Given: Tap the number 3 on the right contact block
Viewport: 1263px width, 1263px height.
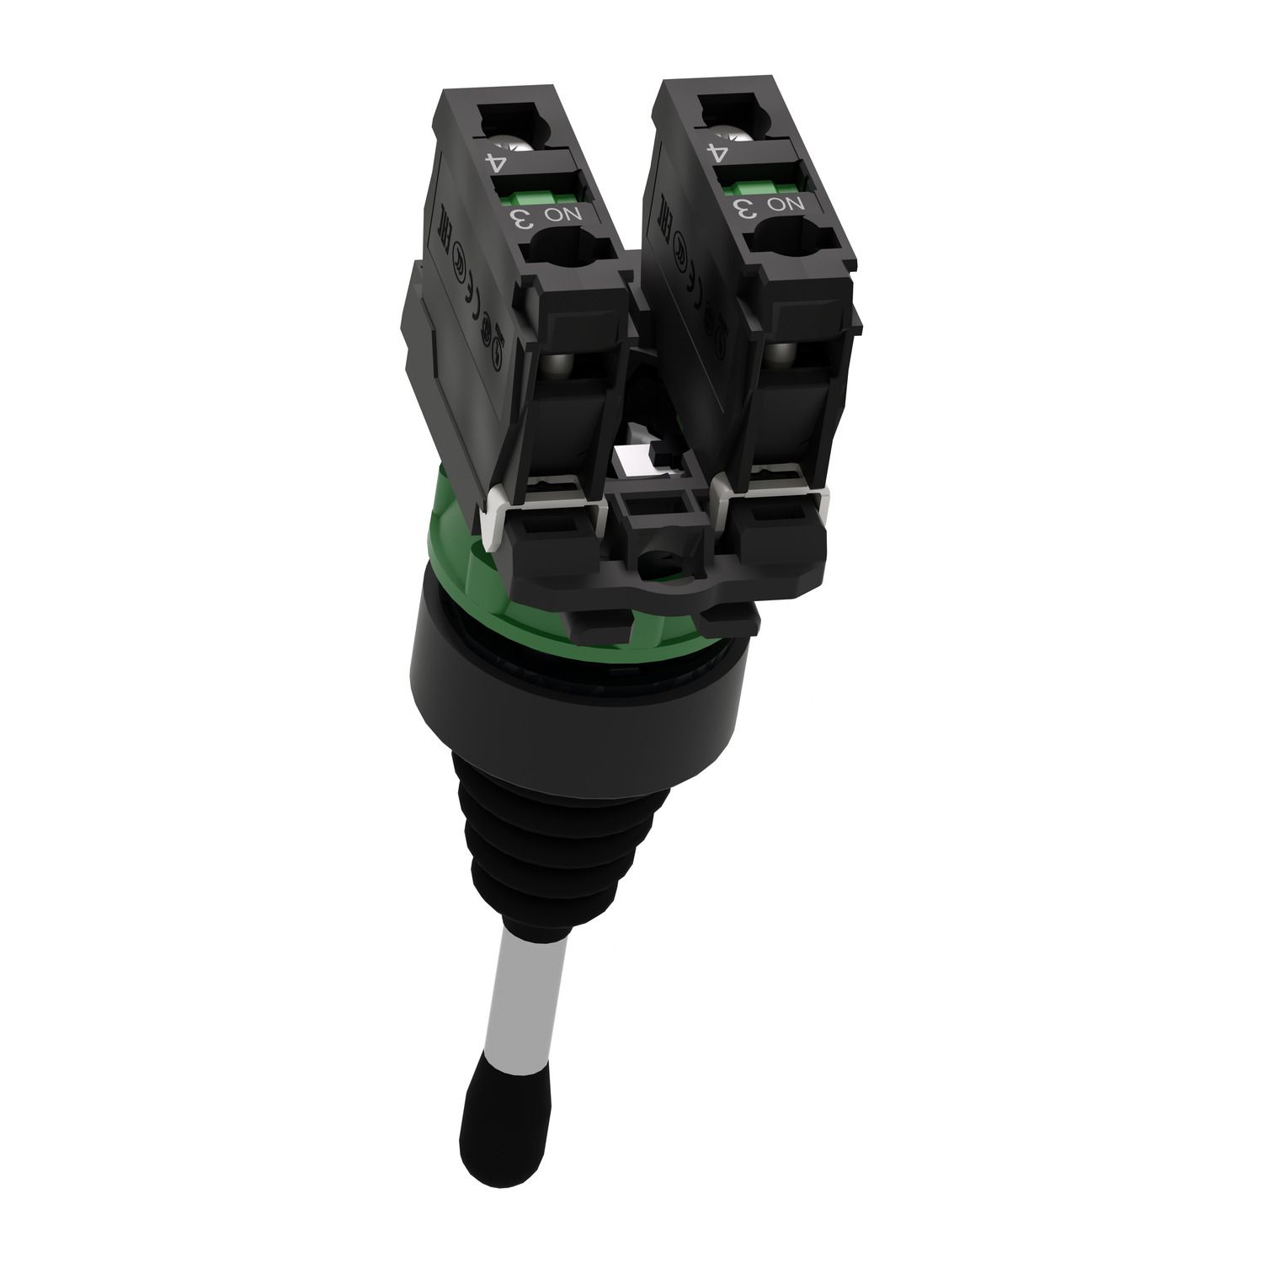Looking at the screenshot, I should (x=745, y=209).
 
